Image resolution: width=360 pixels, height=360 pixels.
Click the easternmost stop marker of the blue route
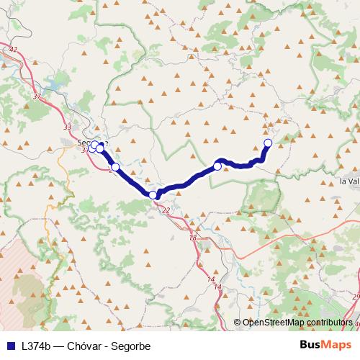point(268,143)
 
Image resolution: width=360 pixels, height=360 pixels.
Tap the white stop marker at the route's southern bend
point(153,195)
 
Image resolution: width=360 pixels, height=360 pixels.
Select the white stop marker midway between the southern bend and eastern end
point(217,166)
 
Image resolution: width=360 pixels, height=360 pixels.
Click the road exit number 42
point(13,49)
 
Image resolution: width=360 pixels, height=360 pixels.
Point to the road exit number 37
point(37,95)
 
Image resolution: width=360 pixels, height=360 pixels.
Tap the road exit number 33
point(68,127)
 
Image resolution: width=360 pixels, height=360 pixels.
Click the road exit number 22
point(166,210)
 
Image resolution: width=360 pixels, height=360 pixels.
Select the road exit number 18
point(192,238)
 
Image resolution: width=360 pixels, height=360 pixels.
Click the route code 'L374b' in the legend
point(35,346)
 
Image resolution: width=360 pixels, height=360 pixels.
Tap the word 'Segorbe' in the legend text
point(131,346)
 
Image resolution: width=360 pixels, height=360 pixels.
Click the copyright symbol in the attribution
point(238,323)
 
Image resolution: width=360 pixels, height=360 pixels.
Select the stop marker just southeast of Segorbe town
point(115,167)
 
